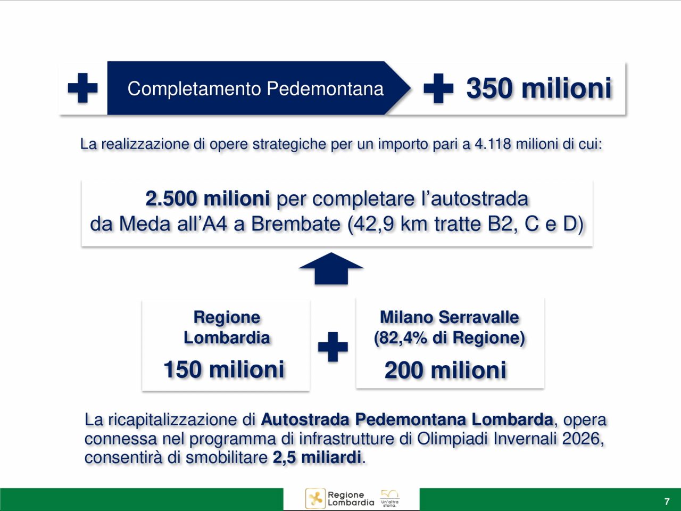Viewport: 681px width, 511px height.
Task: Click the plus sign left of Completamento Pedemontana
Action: pyautogui.click(x=82, y=88)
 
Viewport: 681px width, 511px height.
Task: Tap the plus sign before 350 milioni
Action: pyautogui.click(x=438, y=88)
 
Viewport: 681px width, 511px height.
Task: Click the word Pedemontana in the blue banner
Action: pyautogui.click(x=325, y=89)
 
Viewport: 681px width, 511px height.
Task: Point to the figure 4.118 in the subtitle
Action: pyautogui.click(x=493, y=144)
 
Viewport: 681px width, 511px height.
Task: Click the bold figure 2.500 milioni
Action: pyautogui.click(x=207, y=199)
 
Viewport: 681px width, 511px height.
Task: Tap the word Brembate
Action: pyautogui.click(x=296, y=224)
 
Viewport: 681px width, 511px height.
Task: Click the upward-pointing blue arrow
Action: pyautogui.click(x=331, y=268)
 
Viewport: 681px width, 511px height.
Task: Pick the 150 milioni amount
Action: pyautogui.click(x=223, y=369)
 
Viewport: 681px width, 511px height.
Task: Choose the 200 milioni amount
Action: pyautogui.click(x=445, y=370)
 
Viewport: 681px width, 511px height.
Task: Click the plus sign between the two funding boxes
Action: pyautogui.click(x=333, y=347)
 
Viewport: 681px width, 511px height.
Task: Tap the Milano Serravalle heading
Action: pyautogui.click(x=450, y=317)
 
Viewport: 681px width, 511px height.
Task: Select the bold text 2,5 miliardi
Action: pyautogui.click(x=317, y=458)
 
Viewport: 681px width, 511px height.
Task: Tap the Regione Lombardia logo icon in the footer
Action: pyautogui.click(x=315, y=499)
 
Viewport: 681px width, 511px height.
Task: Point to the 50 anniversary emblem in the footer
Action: pyautogui.click(x=389, y=499)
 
